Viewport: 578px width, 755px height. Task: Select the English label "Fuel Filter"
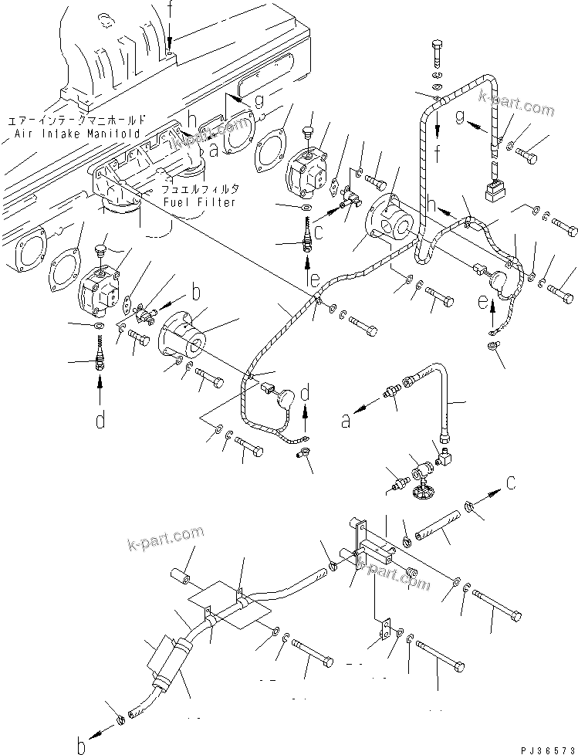[198, 201]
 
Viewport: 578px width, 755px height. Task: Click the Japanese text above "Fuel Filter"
[200, 188]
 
